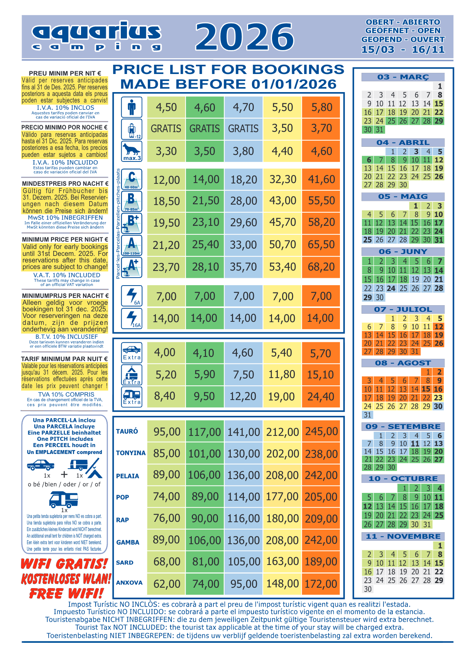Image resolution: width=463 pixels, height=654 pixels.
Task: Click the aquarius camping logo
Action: [96, 37]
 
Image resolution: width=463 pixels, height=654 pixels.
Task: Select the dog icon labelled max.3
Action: [132, 151]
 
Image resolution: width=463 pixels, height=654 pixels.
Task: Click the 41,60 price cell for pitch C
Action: [321, 179]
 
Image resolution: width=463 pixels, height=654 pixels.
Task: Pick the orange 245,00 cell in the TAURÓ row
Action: [321, 431]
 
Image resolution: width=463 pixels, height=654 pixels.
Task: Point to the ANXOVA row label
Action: [129, 583]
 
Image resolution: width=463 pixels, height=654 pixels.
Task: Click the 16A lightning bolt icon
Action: [132, 318]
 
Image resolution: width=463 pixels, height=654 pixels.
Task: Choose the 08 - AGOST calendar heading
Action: [403, 363]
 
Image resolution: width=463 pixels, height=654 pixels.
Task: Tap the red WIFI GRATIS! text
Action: [64, 564]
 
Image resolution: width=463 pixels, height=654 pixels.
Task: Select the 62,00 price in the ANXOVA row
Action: [166, 584]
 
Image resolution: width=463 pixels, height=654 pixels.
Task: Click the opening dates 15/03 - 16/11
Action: [403, 50]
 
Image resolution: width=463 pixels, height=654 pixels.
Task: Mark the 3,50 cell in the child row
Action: [282, 128]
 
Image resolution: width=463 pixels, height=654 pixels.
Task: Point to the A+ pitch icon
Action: [132, 267]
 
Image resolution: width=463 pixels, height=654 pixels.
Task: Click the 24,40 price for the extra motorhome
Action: [321, 397]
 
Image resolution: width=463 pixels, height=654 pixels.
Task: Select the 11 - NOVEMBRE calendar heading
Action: [403, 536]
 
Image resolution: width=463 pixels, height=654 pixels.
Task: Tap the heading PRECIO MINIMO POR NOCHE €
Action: [64, 127]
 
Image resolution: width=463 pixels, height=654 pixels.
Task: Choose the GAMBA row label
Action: [128, 542]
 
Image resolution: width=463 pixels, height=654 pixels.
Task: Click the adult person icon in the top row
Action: [132, 107]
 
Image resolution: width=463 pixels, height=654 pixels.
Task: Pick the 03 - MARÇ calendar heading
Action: [403, 77]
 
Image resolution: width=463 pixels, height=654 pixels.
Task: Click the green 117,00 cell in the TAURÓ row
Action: [204, 432]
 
